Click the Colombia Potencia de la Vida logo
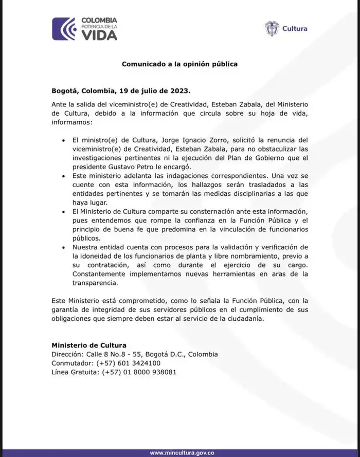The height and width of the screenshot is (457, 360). tap(85, 29)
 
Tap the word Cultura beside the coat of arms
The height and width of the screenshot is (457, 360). tap(295, 29)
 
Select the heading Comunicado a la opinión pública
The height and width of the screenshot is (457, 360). tap(179, 64)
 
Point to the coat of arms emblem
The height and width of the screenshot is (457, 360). tap(272, 29)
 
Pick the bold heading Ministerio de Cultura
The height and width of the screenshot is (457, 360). tap(89, 345)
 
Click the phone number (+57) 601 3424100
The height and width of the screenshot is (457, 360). tap(131, 363)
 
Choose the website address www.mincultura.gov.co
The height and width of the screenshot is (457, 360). tap(182, 452)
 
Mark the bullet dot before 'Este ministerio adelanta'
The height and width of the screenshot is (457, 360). tap(63, 176)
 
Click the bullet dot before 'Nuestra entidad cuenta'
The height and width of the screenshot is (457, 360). tap(63, 247)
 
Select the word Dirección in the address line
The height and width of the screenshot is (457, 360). tap(67, 354)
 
